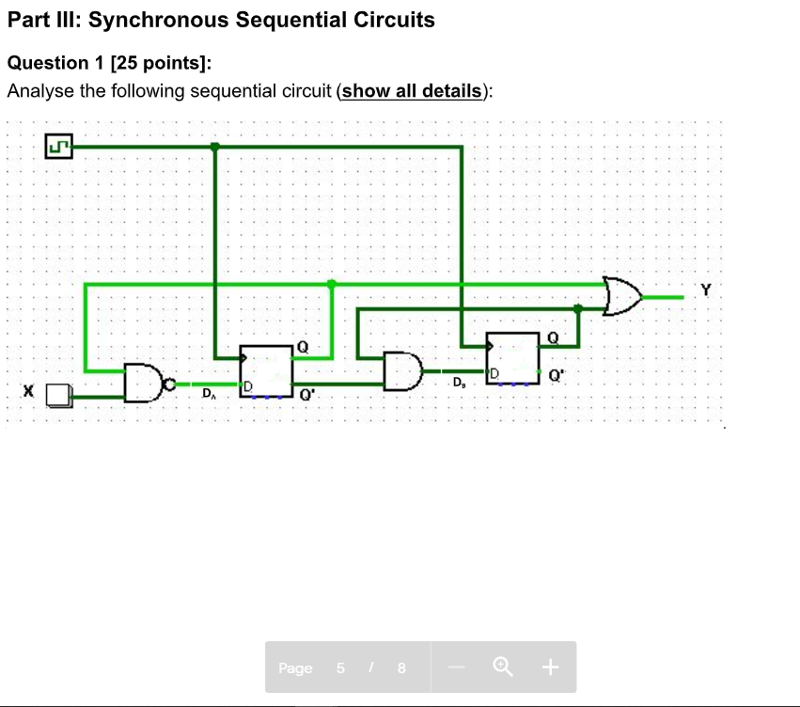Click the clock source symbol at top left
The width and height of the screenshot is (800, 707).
click(x=58, y=147)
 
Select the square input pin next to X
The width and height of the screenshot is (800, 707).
click(x=58, y=396)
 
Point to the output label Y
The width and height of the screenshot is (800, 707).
click(x=706, y=291)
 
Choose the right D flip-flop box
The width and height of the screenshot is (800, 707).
click(x=512, y=358)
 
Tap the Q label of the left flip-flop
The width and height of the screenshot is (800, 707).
click(x=302, y=347)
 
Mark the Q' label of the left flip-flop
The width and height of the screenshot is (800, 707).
click(x=306, y=396)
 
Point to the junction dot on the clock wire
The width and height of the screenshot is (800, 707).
click(x=215, y=147)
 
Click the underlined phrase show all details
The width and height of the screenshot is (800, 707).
click(x=413, y=91)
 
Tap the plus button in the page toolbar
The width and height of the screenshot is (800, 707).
click(x=550, y=668)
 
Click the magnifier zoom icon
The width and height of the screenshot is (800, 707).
click(x=503, y=668)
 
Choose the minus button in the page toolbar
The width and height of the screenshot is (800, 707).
click(x=457, y=668)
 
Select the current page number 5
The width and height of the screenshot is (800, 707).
click(x=340, y=668)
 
